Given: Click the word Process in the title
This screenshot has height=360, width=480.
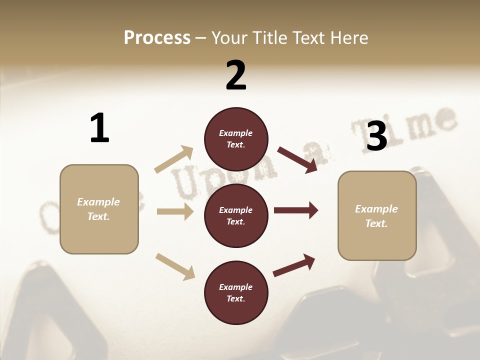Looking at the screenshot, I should [x=157, y=38].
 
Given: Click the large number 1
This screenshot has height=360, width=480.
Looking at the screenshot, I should [x=99, y=128].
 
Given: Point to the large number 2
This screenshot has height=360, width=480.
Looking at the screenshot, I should [x=236, y=75].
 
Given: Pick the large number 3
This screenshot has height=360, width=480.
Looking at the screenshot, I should [x=376, y=136].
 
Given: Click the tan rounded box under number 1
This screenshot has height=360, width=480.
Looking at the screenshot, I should [x=99, y=209].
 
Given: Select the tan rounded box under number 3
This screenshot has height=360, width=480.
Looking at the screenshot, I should [x=377, y=216].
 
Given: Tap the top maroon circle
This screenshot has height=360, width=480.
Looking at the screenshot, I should [x=236, y=139].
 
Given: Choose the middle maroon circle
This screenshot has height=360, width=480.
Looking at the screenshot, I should [x=236, y=216].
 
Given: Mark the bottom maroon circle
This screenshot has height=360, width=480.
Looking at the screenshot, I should [x=236, y=293].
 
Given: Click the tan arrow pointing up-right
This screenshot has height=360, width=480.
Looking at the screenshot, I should [x=173, y=159].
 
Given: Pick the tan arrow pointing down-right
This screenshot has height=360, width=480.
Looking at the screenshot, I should [x=175, y=266].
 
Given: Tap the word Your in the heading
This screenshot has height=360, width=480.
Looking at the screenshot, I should [x=229, y=38].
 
